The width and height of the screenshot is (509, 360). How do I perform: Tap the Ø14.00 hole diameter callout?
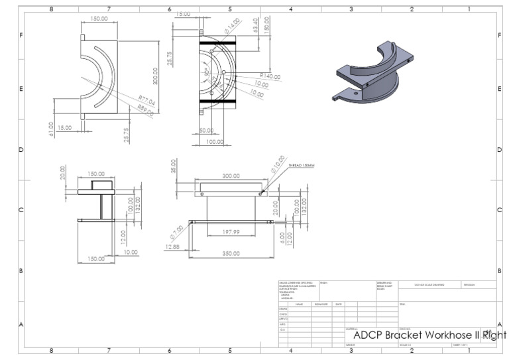232,26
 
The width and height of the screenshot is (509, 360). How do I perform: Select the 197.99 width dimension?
231,232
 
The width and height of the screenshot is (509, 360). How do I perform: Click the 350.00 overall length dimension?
231,253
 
